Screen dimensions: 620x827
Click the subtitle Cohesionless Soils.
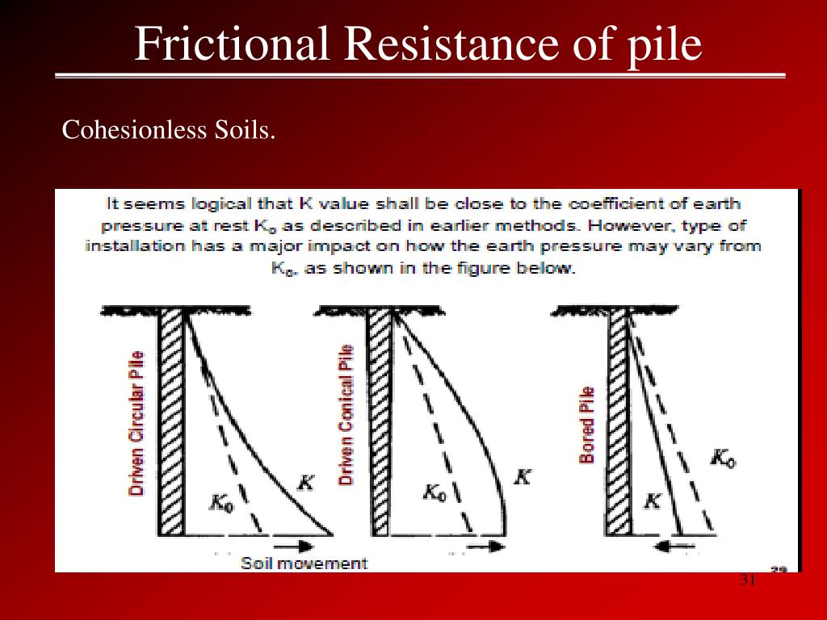(x=169, y=129)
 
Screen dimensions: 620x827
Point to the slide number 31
(x=747, y=581)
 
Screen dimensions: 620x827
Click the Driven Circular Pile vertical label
(x=137, y=423)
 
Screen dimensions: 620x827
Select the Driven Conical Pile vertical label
(x=346, y=414)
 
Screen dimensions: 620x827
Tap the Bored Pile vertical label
(x=587, y=425)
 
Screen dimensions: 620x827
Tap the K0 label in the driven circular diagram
(x=221, y=502)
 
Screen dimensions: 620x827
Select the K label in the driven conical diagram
(x=523, y=476)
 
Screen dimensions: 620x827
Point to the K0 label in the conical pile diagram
(x=434, y=492)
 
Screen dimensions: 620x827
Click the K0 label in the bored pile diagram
(x=723, y=459)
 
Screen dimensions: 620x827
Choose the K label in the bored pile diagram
(x=653, y=501)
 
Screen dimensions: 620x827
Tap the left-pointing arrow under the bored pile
(x=672, y=547)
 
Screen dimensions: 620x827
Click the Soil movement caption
(x=304, y=563)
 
